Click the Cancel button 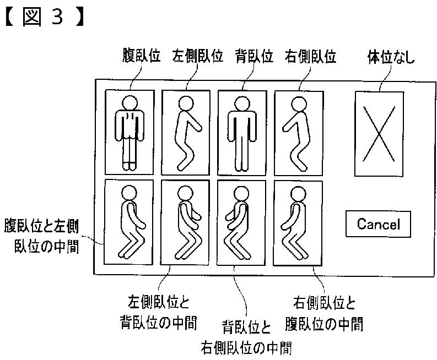click(377, 224)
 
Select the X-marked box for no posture click(379, 134)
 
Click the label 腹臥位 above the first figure click(141, 57)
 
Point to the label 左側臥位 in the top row click(197, 57)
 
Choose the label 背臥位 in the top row click(253, 57)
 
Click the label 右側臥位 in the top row click(310, 57)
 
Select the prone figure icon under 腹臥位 click(130, 132)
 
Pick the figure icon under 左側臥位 click(186, 132)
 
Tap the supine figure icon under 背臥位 click(242, 132)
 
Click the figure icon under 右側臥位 click(299, 132)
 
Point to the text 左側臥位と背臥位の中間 click(158, 312)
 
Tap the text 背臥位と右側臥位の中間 click(246, 337)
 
